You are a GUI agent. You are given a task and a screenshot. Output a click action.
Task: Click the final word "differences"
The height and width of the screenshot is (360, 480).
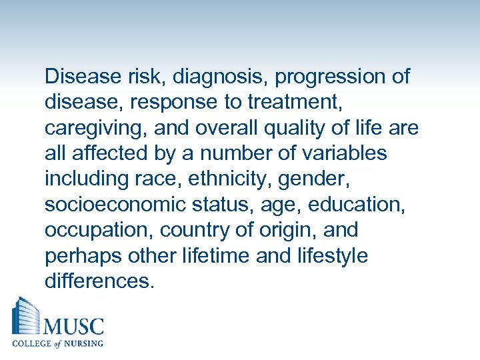point(99,281)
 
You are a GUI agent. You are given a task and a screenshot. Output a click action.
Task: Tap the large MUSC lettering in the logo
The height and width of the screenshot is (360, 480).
point(73,327)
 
